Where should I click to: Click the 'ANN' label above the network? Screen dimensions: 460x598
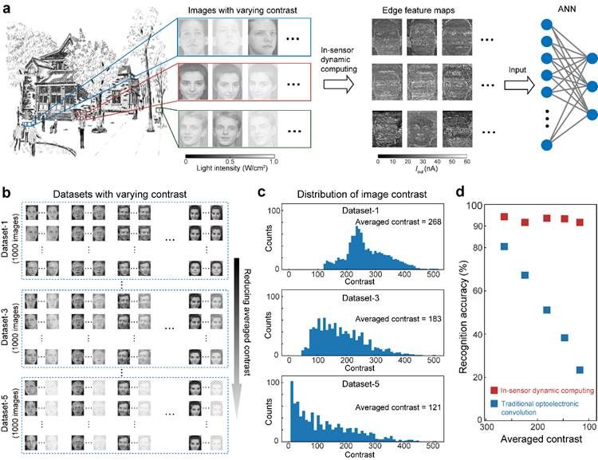point(528,9)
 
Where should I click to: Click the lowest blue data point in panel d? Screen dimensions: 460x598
point(580,370)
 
